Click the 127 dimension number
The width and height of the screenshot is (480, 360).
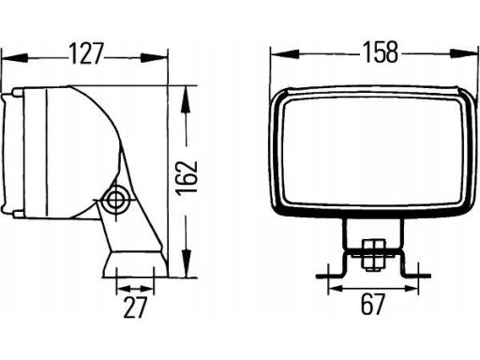pos(85,53)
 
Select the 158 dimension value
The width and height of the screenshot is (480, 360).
pos(380,52)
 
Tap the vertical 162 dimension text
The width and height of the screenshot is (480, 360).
pos(187,178)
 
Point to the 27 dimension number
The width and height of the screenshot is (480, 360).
pos(135,307)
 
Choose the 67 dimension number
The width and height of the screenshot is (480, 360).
pos(372,304)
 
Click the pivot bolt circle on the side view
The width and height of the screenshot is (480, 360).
pos(116,199)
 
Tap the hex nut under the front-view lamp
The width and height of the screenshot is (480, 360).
pos(373,254)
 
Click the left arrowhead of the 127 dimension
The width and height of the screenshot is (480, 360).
pos(15,57)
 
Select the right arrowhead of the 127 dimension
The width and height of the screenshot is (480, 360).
pos(154,57)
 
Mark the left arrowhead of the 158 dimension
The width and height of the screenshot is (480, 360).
pos(285,54)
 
